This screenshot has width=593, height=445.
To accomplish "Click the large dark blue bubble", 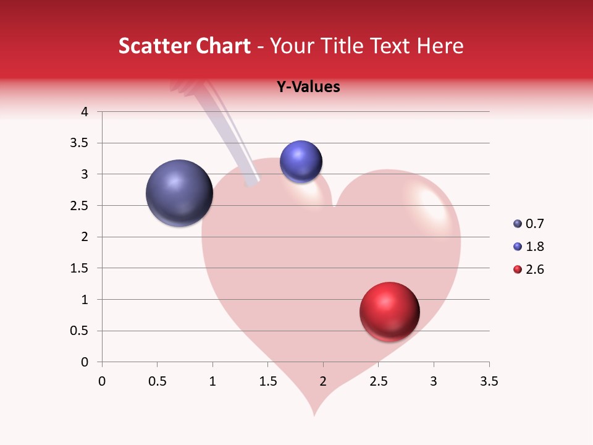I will coord(180,193).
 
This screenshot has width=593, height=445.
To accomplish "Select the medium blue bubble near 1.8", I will coord(301,162).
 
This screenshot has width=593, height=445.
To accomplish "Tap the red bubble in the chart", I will coord(389,311).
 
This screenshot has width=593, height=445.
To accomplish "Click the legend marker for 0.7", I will coord(518,224).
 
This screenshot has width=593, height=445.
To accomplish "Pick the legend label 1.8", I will coord(534,247).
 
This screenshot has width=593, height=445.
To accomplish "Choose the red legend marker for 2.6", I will coord(518,269).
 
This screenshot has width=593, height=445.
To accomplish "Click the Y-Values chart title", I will coord(308,87).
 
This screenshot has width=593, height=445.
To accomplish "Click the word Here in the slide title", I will coord(440,46).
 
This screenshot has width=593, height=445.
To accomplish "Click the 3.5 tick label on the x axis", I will coord(489,381).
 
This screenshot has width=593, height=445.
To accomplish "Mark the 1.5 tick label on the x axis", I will coord(267,381).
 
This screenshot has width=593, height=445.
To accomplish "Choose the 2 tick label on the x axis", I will coord(323,381).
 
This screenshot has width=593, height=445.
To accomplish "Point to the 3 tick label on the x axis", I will coord(434,381).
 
